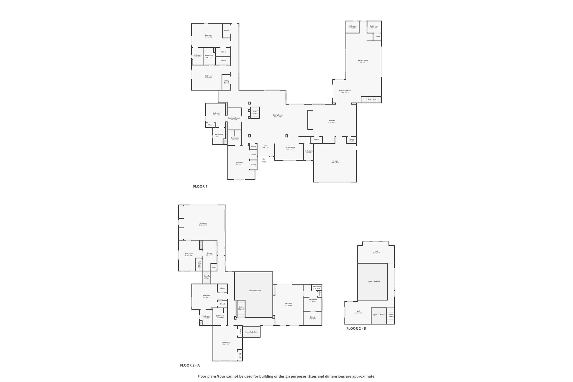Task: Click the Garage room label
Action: tap(335, 161)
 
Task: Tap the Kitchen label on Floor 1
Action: tap(332, 121)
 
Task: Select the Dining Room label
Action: tap(278, 115)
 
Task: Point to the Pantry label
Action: tap(351, 139)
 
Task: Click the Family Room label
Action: tap(363, 60)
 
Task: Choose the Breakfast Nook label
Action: tap(345, 91)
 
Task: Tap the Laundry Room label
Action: tap(234, 118)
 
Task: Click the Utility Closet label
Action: tap(226, 82)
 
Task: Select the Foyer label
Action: tap(266, 146)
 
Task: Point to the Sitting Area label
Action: tap(290, 147)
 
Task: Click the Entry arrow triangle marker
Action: tap(264, 159)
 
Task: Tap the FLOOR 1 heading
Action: tap(200, 186)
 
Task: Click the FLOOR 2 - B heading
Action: tap(356, 328)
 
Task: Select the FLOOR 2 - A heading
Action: tap(190, 365)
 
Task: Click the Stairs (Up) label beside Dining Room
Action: tap(255, 112)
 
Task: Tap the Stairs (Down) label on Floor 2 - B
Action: tap(391, 315)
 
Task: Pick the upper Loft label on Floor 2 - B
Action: tap(376, 251)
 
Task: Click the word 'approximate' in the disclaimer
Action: tap(363, 376)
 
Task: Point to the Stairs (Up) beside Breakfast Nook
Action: tap(372, 99)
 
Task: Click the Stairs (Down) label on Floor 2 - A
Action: tap(241, 308)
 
